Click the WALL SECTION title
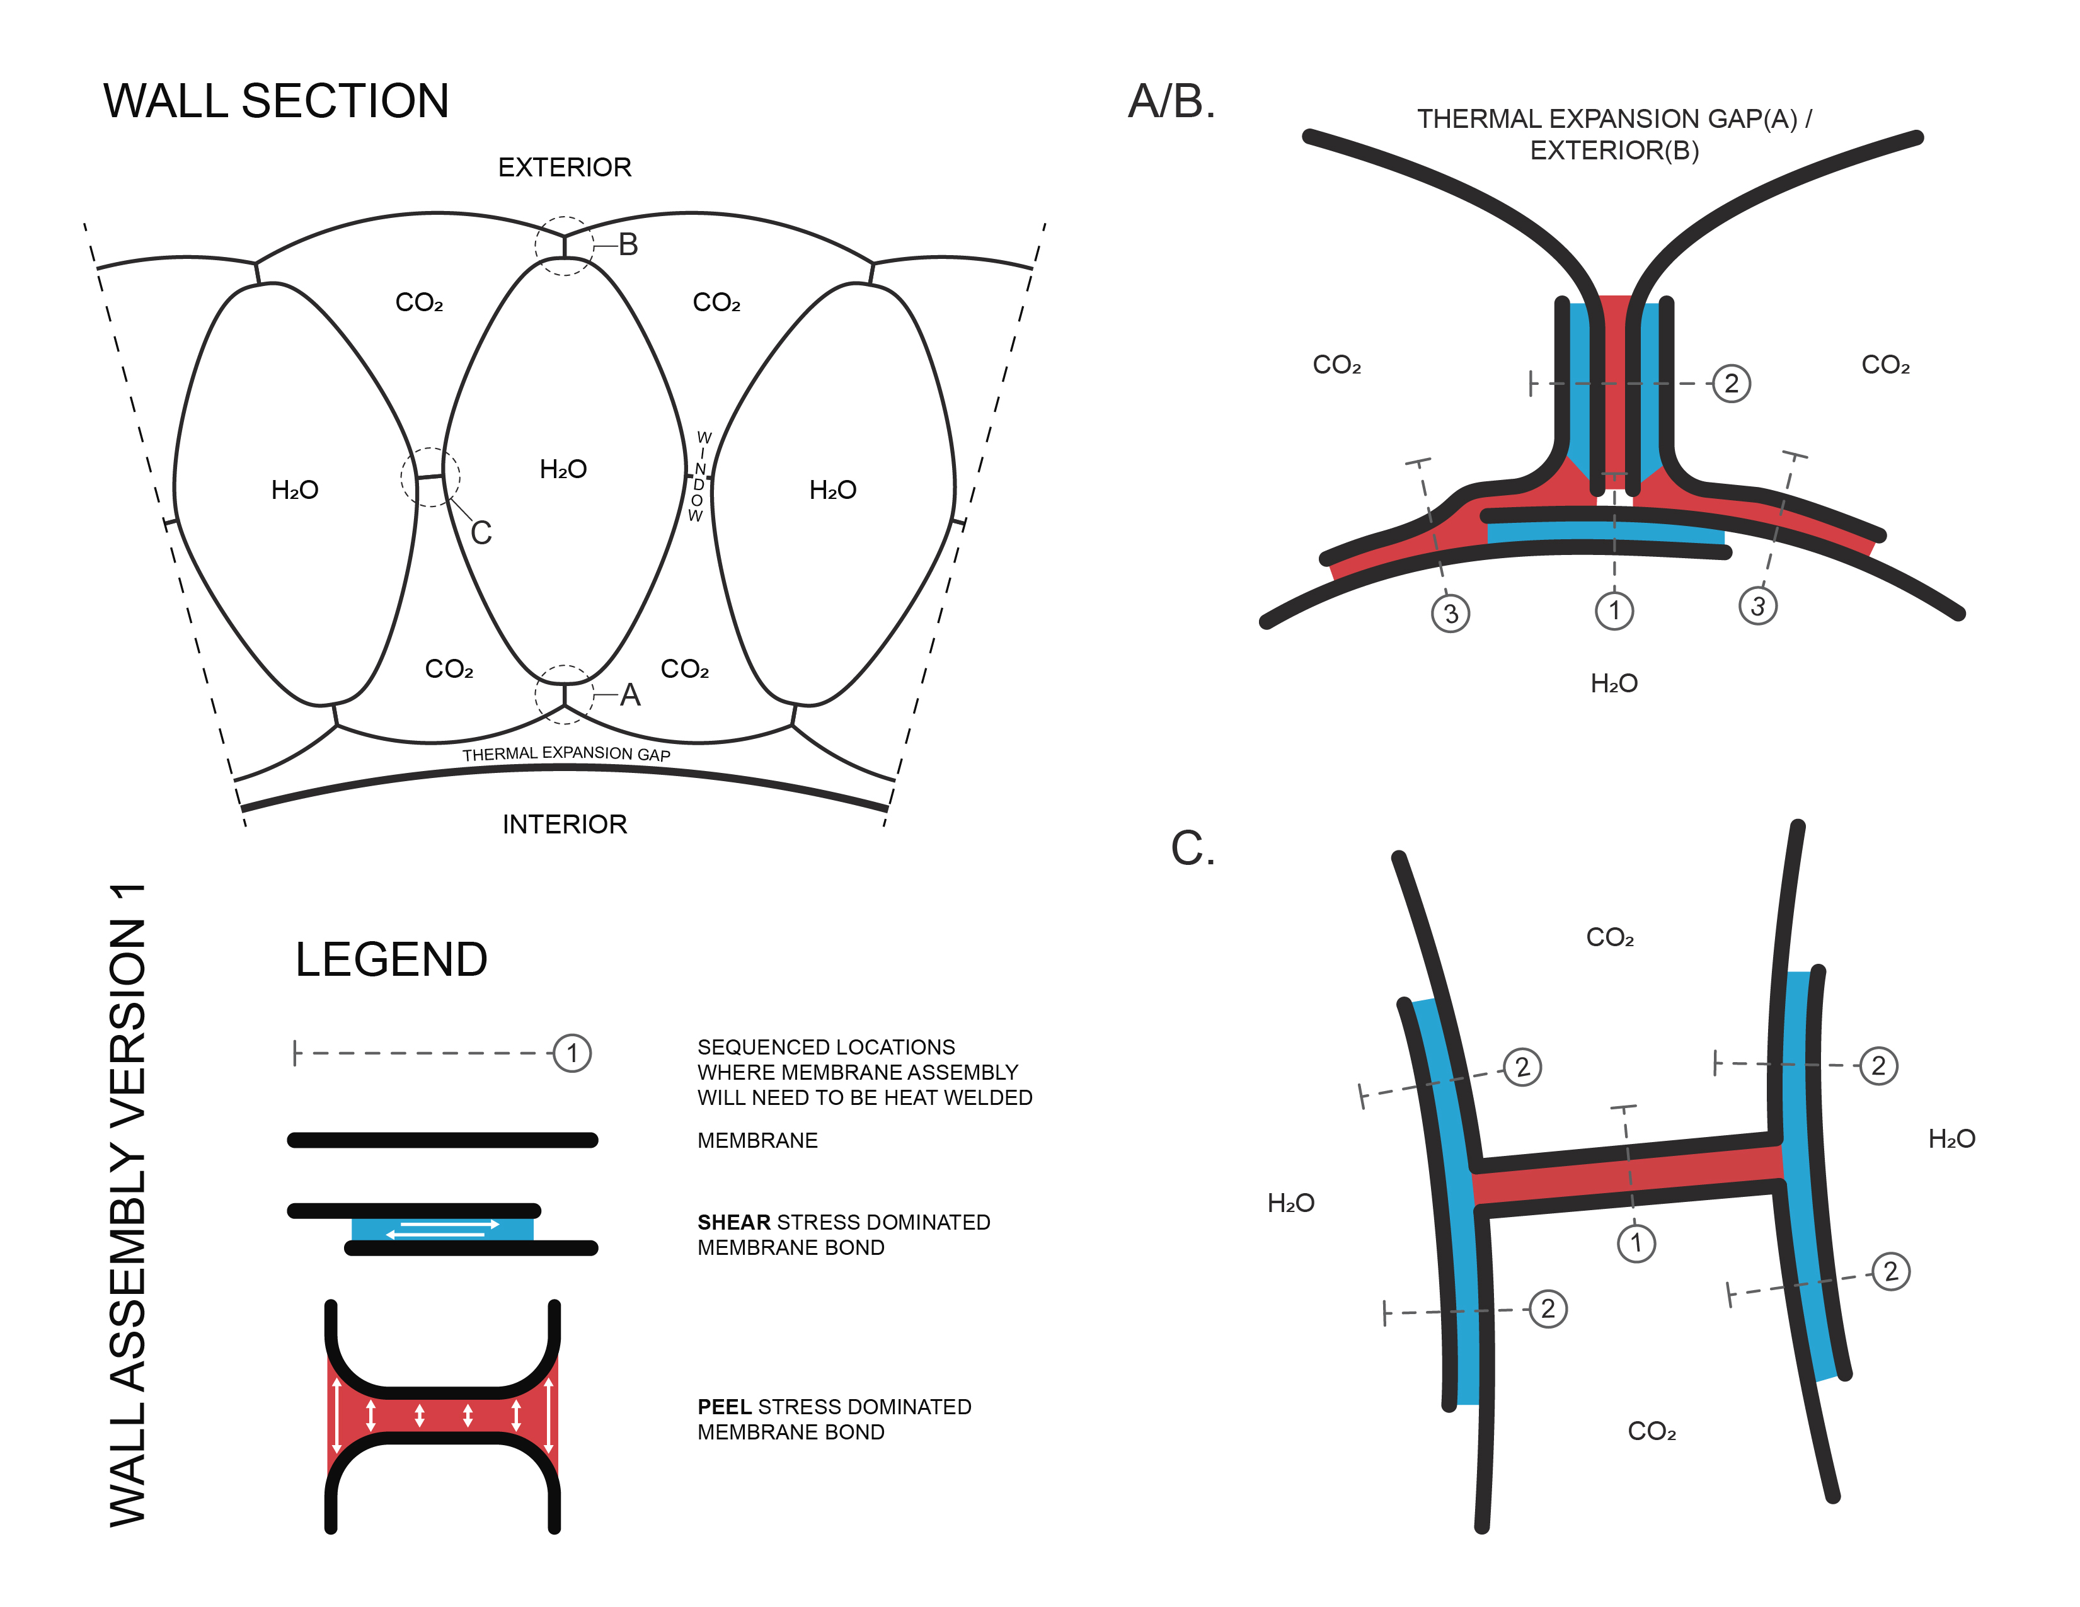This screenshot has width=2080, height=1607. (x=276, y=101)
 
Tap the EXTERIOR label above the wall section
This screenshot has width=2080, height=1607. (x=564, y=168)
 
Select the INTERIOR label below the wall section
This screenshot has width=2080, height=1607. (x=564, y=825)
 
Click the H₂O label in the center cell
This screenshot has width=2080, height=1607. (x=563, y=469)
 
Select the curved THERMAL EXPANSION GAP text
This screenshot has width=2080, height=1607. (x=566, y=753)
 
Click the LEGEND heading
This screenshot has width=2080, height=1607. (x=391, y=959)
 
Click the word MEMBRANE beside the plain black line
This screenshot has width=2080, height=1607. (x=757, y=1140)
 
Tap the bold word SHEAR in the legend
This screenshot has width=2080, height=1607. (x=733, y=1222)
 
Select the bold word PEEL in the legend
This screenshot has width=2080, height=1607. (x=726, y=1407)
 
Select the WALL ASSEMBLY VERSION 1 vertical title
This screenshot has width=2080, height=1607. (x=129, y=1204)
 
